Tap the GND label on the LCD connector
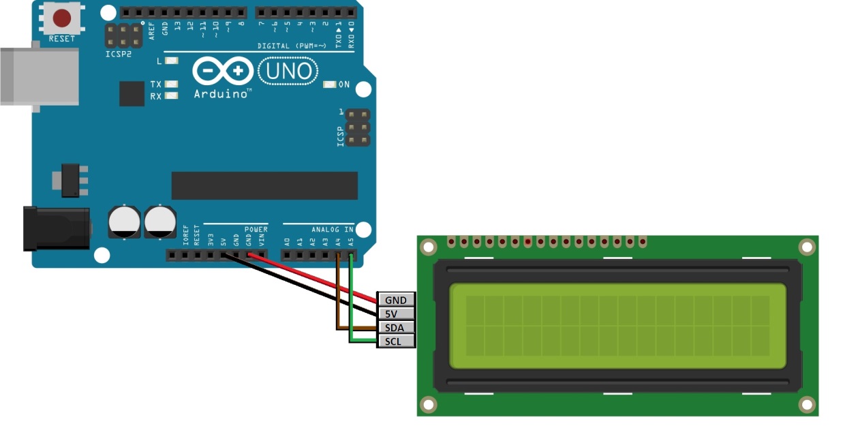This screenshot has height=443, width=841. pos(395,300)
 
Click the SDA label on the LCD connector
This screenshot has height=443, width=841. pos(395,327)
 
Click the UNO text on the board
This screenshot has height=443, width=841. pos(289,71)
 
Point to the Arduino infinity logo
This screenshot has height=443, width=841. pos(222,71)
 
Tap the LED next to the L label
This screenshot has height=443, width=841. pos(171,61)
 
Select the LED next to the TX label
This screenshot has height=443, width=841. pos(171,85)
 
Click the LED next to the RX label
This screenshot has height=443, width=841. pos(171,96)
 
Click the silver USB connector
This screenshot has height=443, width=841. pos(37,76)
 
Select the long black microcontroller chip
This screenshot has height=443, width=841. pos(264,185)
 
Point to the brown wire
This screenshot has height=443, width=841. pos(337,300)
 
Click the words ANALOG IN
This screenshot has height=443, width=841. pos(333,230)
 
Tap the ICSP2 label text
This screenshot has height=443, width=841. pos(118,54)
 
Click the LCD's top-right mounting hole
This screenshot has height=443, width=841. pos(807,247)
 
